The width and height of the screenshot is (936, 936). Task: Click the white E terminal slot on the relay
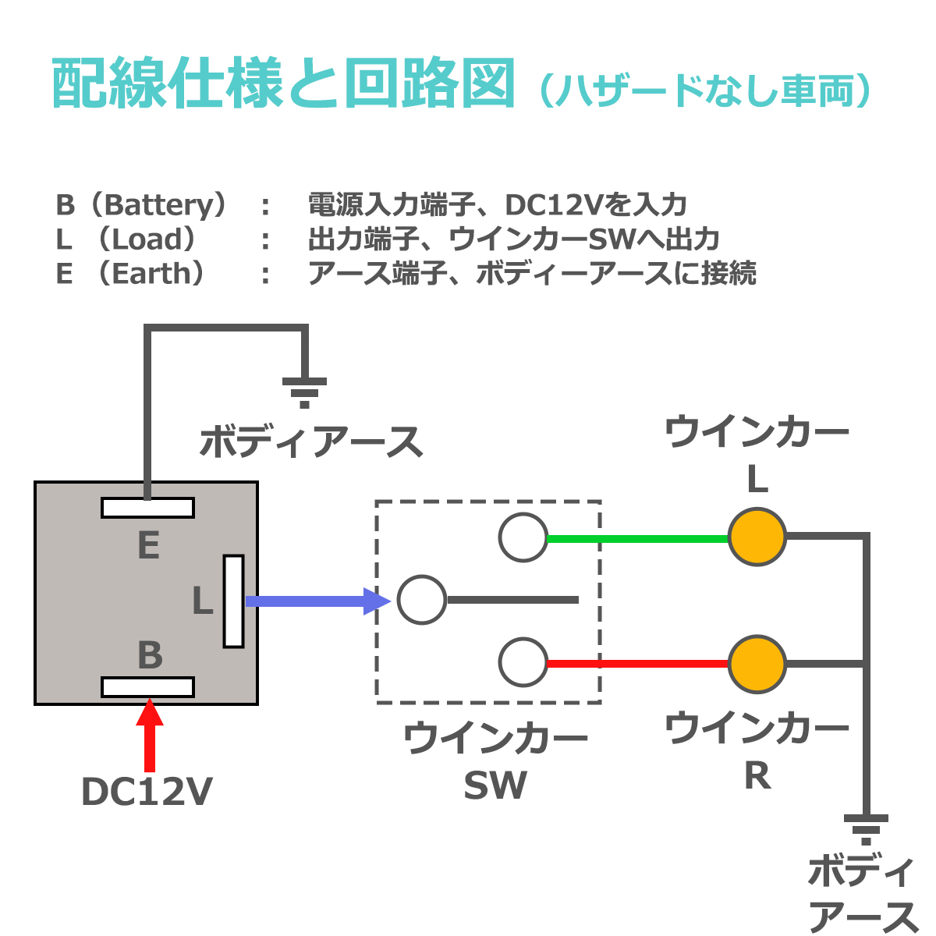click(147, 508)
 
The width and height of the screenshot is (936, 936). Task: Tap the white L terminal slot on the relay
click(233, 601)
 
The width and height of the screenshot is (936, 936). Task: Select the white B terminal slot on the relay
click(147, 687)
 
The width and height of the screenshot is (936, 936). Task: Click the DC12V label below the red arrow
click(147, 792)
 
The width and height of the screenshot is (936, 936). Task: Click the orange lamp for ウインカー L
click(757, 537)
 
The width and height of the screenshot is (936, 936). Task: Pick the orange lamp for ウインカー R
click(757, 664)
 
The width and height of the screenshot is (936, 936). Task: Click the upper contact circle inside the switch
click(523, 538)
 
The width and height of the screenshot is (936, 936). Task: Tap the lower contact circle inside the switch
click(523, 662)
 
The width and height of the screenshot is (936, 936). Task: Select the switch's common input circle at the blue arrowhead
click(421, 600)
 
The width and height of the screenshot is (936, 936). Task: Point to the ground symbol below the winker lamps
click(866, 829)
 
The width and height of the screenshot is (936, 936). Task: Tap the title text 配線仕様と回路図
click(284, 84)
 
